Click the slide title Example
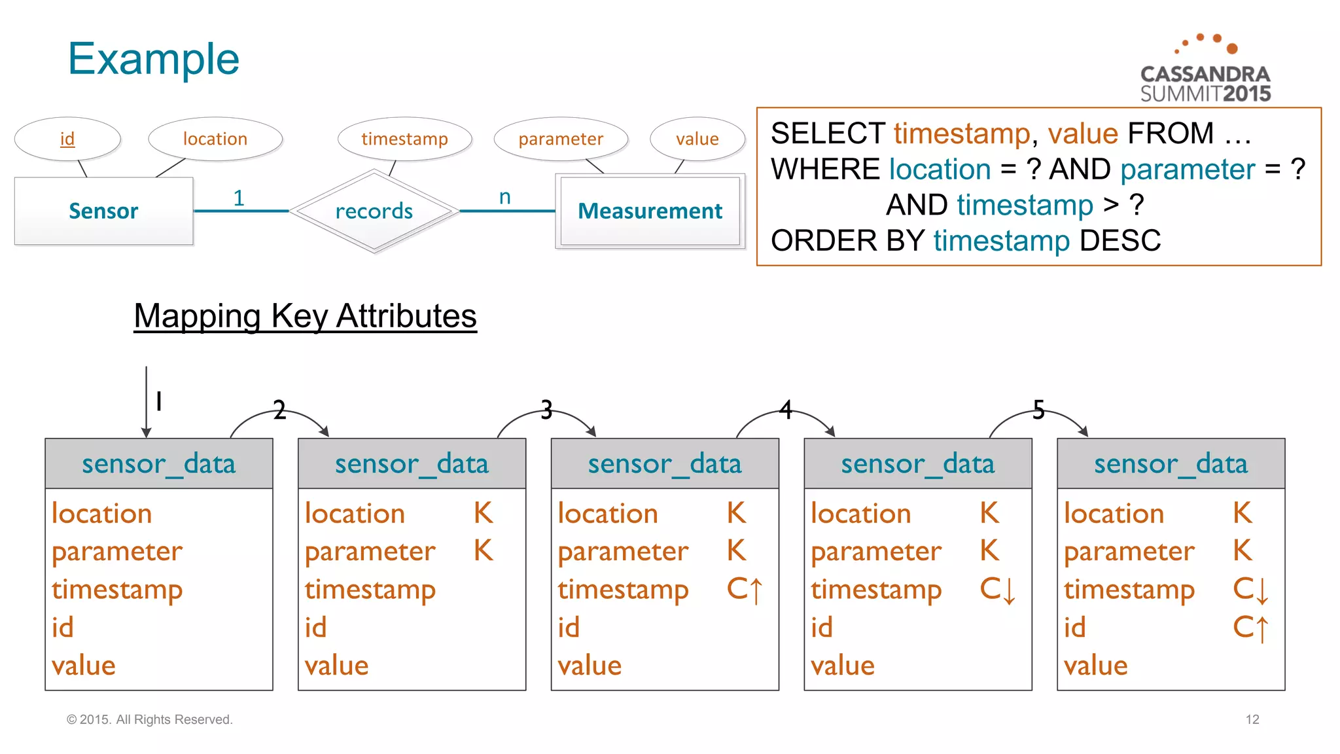154,59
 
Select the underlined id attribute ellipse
67,139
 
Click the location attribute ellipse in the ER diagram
215,139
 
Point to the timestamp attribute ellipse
404,139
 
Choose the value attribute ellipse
697,139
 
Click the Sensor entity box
103,211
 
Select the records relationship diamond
374,211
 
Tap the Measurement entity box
650,211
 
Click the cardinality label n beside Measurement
504,196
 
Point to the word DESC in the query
1120,241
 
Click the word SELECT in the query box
828,134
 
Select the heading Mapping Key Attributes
305,316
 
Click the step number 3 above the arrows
546,410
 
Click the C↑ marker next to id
1250,628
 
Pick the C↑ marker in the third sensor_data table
745,590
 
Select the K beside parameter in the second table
484,551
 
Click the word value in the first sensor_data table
84,666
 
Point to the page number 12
1252,719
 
